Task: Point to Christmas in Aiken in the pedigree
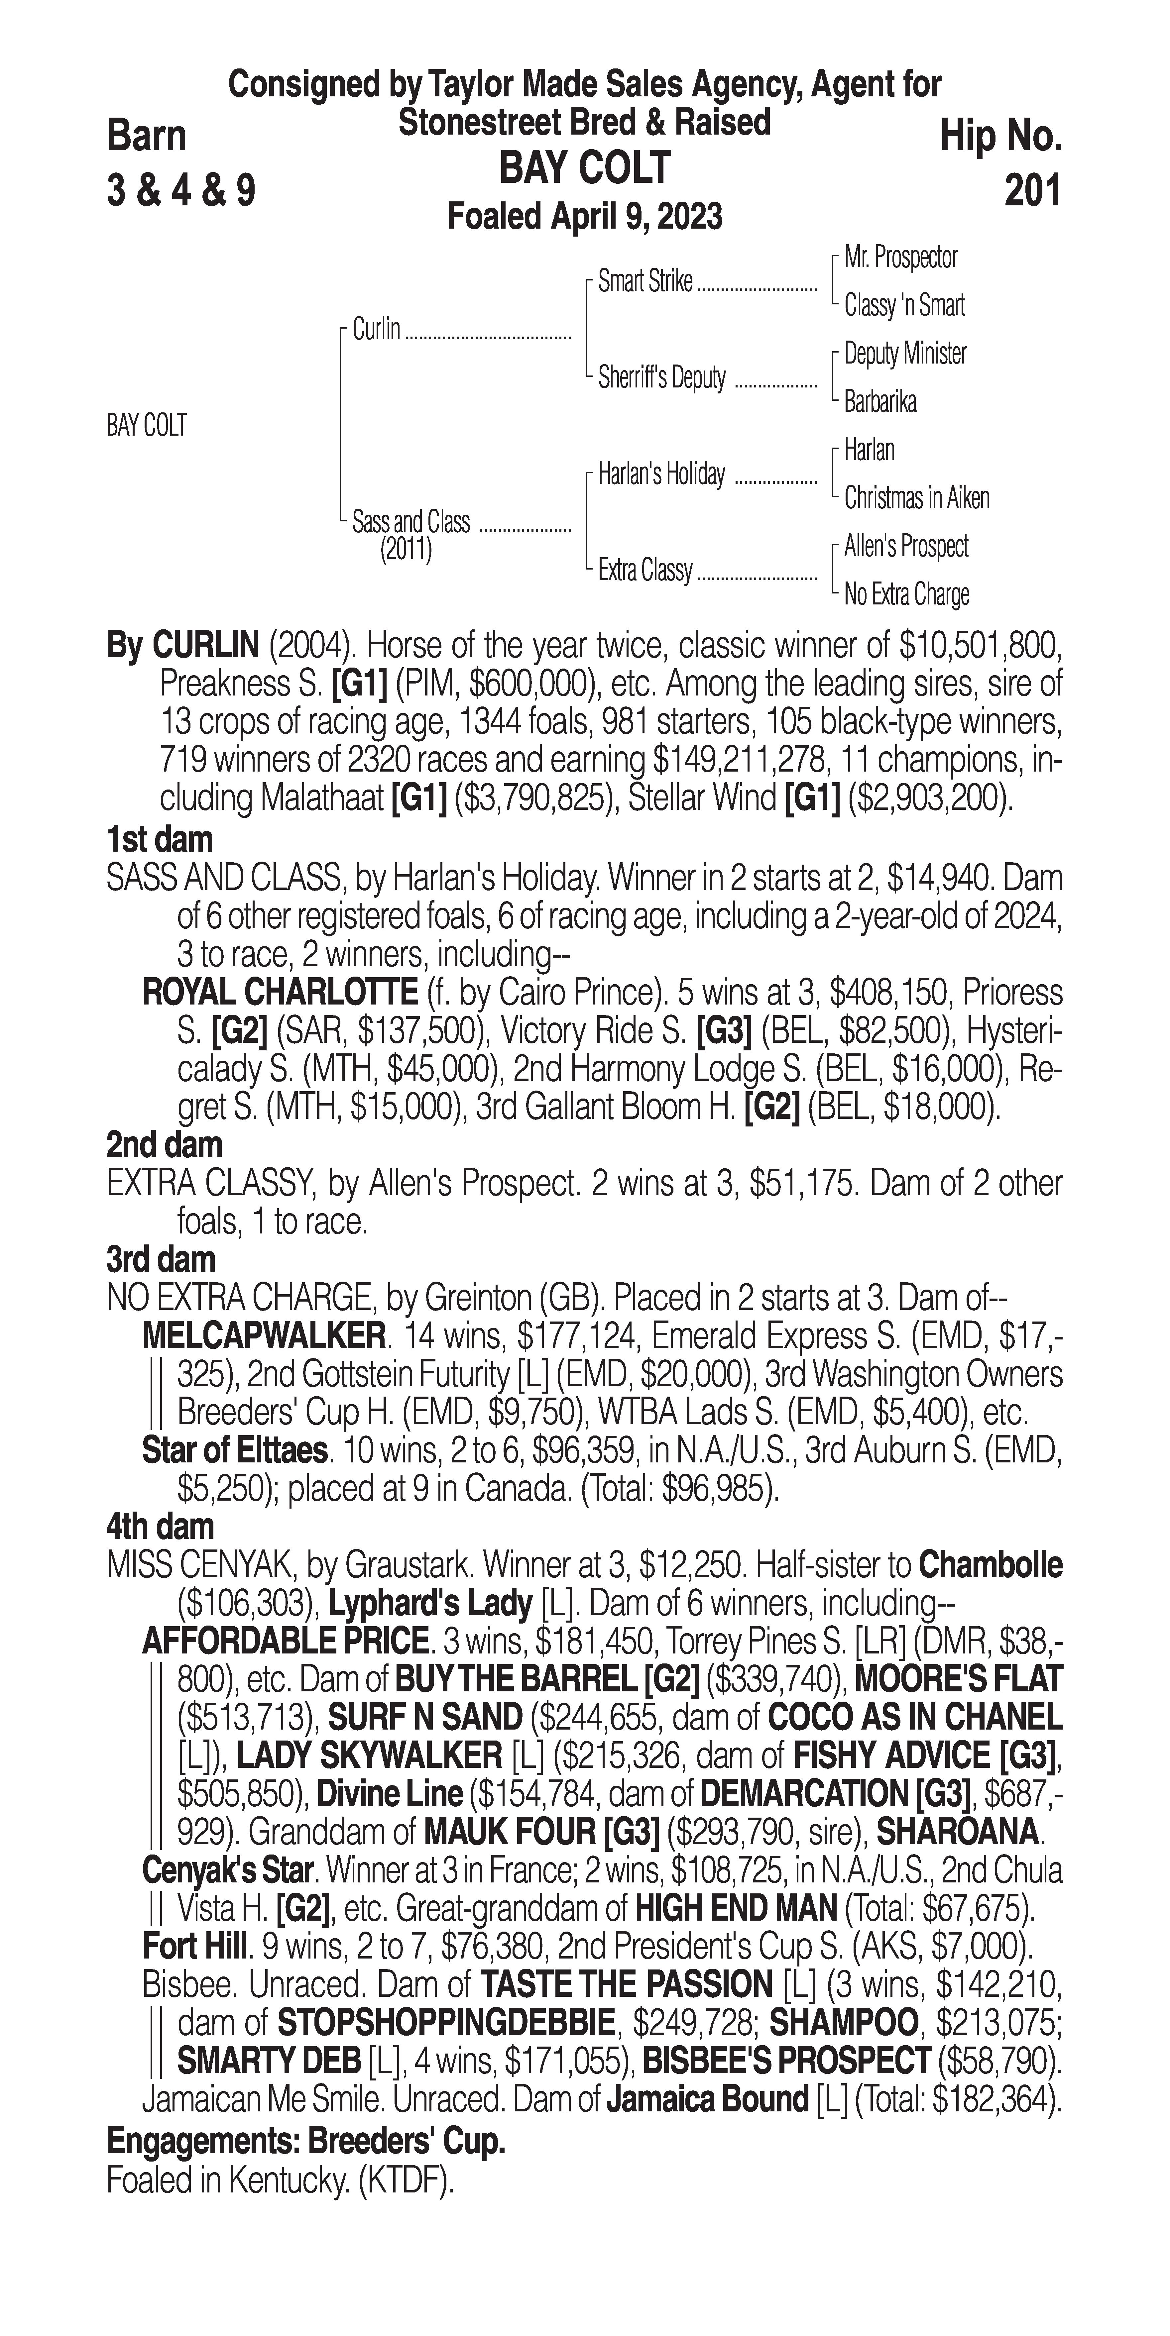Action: (x=916, y=498)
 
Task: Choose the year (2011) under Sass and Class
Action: (x=406, y=550)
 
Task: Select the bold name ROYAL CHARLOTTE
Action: (x=279, y=993)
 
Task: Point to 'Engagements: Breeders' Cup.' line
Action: (x=306, y=2142)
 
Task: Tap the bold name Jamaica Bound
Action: (x=707, y=2099)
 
